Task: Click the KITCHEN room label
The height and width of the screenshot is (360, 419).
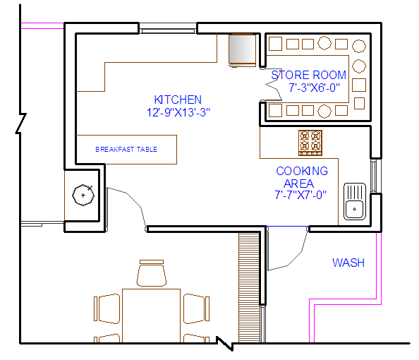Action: click(178, 100)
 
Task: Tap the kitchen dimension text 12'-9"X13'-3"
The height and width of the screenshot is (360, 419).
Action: click(178, 112)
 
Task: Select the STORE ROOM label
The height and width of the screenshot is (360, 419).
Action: click(309, 75)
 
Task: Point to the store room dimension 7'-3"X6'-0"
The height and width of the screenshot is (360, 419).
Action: click(314, 88)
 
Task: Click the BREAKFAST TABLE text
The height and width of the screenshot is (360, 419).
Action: click(126, 149)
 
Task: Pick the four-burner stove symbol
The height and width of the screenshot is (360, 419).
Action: click(310, 143)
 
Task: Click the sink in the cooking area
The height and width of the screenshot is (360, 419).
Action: click(355, 201)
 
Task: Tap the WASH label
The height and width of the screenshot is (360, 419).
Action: click(348, 263)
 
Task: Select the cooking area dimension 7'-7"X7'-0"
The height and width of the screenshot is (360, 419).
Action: click(300, 195)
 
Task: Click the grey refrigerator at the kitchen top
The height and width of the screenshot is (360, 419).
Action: click(242, 50)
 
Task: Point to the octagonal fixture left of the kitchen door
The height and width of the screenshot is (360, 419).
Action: click(83, 195)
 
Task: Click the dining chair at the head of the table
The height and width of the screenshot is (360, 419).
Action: click(152, 273)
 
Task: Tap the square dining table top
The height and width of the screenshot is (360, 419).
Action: click(151, 316)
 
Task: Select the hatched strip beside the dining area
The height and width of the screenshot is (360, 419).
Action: click(249, 287)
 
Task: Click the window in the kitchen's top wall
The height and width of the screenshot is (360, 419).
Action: click(168, 28)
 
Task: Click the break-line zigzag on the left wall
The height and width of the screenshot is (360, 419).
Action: click(21, 124)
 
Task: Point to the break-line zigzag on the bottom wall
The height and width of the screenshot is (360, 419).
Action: click(225, 344)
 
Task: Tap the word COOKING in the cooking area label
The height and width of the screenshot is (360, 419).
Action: click(302, 171)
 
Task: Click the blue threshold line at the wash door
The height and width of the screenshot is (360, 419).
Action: click(288, 227)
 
